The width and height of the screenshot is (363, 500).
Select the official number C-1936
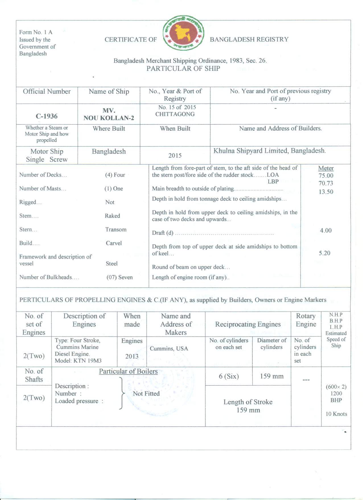click(x=47, y=116)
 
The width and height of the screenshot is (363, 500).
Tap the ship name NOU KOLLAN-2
click(x=109, y=118)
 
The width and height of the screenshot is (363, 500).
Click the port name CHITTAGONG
click(x=175, y=114)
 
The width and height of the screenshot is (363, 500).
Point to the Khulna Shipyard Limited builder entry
click(x=269, y=151)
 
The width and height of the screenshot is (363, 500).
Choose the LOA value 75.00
click(x=326, y=176)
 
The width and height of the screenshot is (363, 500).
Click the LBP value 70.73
click(x=326, y=183)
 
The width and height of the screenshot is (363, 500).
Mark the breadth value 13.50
click(x=326, y=192)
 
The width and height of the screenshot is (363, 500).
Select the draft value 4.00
click(x=326, y=231)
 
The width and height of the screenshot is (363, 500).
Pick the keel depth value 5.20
click(x=325, y=253)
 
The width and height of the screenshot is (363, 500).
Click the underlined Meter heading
click(x=326, y=168)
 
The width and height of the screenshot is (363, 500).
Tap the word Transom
click(x=116, y=229)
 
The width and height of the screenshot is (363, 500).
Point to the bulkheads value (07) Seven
click(x=120, y=277)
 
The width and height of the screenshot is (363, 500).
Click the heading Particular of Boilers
click(x=128, y=371)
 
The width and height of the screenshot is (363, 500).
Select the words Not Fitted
click(x=146, y=394)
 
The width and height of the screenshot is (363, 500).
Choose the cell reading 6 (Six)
click(x=229, y=376)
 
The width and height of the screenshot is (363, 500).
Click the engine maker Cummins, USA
click(x=169, y=349)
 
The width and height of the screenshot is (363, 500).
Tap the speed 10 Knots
click(x=336, y=414)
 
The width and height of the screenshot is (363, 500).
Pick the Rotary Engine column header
click(x=306, y=320)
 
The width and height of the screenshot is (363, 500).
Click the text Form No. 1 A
click(x=36, y=32)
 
